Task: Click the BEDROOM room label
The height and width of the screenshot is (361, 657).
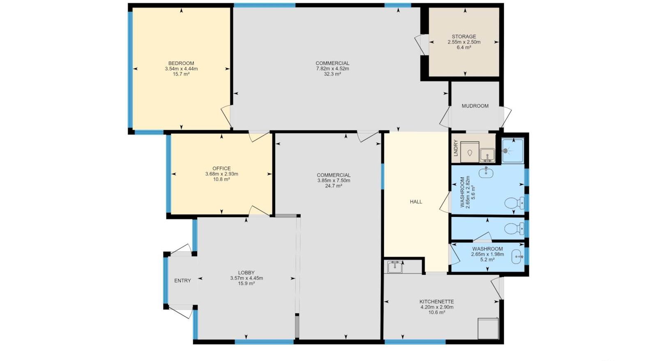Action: pos(181,63)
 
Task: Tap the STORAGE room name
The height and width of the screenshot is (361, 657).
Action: pos(464,37)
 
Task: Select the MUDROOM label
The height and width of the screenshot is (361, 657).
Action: pos(475,106)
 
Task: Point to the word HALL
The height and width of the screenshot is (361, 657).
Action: pos(416,202)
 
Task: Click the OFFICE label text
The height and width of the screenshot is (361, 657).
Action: pos(221,168)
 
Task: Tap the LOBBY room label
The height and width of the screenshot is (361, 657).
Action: pos(246,273)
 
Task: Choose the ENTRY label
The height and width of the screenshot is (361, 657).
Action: pos(182,281)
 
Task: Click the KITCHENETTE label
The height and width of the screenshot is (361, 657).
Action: pos(436,301)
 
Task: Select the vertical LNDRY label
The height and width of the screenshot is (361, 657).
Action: pos(455,148)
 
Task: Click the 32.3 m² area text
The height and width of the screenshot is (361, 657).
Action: pos(332,74)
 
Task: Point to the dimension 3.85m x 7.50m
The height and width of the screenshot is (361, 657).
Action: pos(333,181)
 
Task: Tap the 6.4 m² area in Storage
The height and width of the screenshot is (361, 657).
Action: pos(464,48)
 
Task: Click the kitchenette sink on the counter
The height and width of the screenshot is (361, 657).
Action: pos(395,267)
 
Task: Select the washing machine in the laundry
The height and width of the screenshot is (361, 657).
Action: pos(470,152)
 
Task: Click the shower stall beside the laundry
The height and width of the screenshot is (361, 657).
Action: pos(512,151)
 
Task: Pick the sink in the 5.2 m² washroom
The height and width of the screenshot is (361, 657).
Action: pos(517,258)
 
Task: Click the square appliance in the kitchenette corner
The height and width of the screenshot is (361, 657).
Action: pos(488,329)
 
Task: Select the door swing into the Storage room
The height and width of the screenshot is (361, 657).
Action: pos(422,44)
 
